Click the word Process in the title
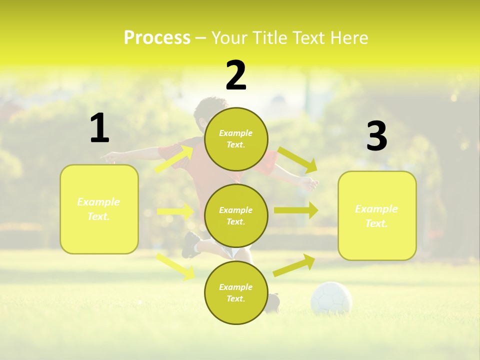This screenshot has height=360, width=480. pyautogui.click(x=157, y=38)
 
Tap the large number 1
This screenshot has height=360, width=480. pyautogui.click(x=99, y=128)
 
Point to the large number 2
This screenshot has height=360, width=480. pyautogui.click(x=236, y=75)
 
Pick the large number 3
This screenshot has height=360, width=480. pyautogui.click(x=376, y=136)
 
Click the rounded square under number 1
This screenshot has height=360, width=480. pyautogui.click(x=99, y=209)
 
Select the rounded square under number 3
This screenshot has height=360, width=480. pyautogui.click(x=377, y=215)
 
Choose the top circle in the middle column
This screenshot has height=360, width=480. pyautogui.click(x=236, y=139)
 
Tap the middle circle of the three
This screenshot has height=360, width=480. pyautogui.click(x=236, y=215)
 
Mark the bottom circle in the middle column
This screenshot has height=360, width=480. pyautogui.click(x=236, y=292)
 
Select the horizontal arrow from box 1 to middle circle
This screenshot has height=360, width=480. pyautogui.click(x=175, y=211)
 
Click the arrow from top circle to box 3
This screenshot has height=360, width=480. pyautogui.click(x=297, y=159)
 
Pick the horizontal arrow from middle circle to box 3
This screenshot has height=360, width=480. pyautogui.click(x=295, y=210)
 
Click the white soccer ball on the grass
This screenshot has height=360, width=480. pyautogui.click(x=331, y=298)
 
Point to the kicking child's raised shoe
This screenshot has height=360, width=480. pyautogui.click(x=190, y=244)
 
